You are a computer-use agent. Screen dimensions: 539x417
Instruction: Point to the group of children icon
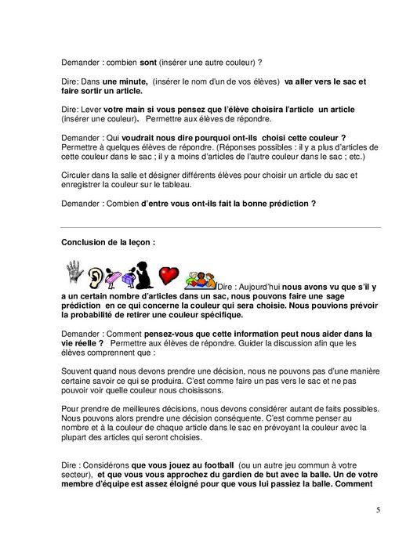pyautogui.click(x=200, y=279)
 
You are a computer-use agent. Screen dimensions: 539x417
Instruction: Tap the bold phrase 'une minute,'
pyautogui.click(x=124, y=81)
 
